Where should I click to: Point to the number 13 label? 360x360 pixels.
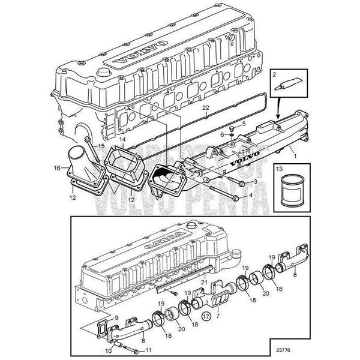click(x=278, y=169)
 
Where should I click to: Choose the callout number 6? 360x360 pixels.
click(x=221, y=134)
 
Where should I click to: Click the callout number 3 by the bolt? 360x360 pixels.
click(x=256, y=181)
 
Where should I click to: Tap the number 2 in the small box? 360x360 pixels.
click(x=274, y=75)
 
